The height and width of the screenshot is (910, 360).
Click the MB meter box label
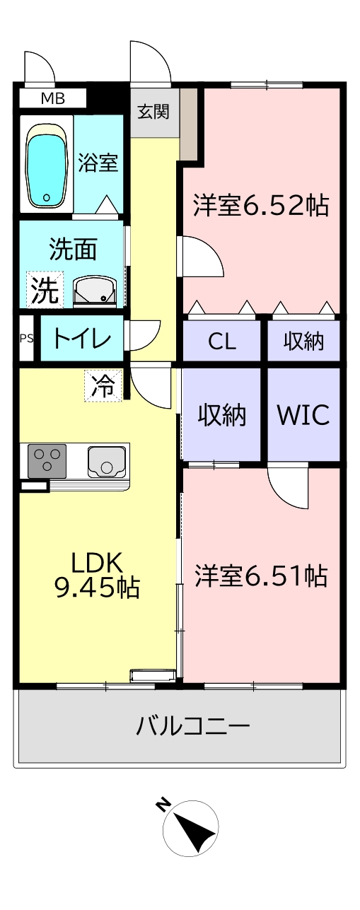pos(54,99)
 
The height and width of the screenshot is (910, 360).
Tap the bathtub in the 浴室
pos(46,165)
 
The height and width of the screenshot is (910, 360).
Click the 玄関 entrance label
pos(153,111)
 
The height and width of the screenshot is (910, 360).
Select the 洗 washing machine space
pos(45,290)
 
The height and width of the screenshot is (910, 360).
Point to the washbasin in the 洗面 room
pos(95,291)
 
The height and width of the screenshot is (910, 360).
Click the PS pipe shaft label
pos(27,338)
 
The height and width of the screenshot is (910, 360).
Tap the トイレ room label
pos(81,338)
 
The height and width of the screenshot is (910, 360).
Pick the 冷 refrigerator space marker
pos(103,386)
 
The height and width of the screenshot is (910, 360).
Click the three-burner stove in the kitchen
pos(47,461)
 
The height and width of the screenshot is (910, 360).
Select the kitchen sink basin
pos(107,462)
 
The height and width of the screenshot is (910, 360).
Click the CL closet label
pos(222,342)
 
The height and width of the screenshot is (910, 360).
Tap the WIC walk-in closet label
pos(303,414)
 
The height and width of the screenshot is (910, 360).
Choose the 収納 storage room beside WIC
pos(222,415)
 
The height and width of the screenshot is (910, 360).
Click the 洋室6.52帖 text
pos(261,206)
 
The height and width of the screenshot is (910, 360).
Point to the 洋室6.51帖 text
pos(261,576)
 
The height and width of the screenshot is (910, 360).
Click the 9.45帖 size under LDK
pos(97,588)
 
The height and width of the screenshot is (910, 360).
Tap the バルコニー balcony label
pos(192,726)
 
